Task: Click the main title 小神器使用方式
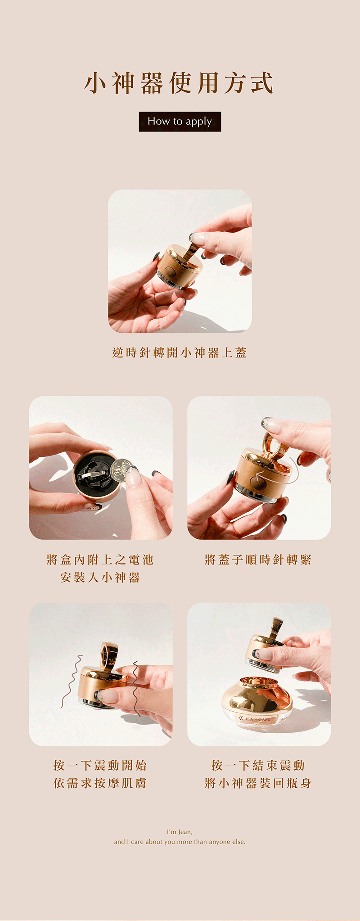[x=179, y=83]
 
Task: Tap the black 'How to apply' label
[x=180, y=122]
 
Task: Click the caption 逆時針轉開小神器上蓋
[x=180, y=352]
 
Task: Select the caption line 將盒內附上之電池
[x=100, y=560]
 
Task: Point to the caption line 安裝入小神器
[x=100, y=578]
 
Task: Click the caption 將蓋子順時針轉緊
[x=258, y=560]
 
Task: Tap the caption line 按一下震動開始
[x=100, y=765]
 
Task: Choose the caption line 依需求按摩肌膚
[x=100, y=783]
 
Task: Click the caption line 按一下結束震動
[x=258, y=765]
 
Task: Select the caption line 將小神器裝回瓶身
[x=258, y=783]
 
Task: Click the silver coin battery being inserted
[x=119, y=471]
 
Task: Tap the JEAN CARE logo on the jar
[x=255, y=719]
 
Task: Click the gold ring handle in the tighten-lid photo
[x=273, y=444]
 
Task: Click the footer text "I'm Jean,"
[x=180, y=832]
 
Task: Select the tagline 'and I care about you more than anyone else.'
[x=180, y=842]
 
